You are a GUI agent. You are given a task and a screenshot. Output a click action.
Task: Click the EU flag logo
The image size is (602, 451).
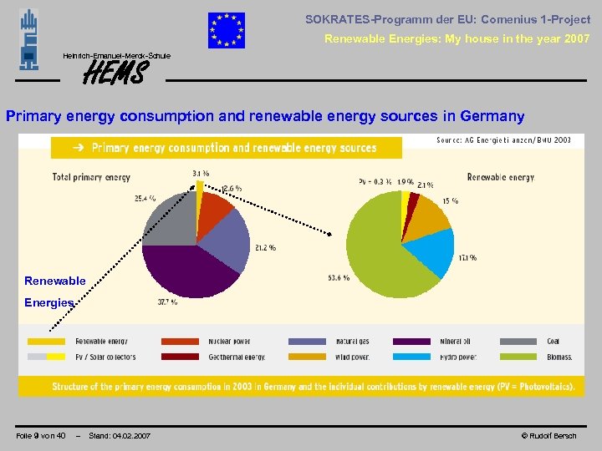227,31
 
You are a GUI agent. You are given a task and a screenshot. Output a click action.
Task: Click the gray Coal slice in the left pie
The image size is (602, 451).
170,219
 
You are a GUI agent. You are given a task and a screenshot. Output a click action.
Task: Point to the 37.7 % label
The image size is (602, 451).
167,302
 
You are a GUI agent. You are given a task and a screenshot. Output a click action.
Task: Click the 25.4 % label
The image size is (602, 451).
145,199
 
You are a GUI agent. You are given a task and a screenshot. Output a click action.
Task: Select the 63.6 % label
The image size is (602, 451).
339,277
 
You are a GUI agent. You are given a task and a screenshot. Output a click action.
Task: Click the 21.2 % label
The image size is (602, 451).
265,247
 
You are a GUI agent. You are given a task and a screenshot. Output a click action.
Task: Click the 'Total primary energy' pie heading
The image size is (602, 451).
92,177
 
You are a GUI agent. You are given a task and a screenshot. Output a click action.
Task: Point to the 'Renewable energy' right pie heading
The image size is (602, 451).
501,177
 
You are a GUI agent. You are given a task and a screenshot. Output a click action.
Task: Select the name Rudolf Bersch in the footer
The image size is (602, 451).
552,435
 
